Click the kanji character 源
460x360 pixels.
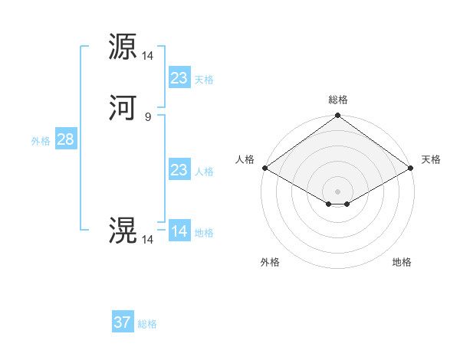coord(123,47)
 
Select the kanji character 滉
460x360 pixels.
coord(123,231)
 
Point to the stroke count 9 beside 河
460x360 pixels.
coord(147,116)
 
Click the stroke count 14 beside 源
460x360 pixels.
coord(147,55)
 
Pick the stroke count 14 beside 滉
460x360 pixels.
coord(147,239)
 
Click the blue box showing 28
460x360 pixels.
coord(65,139)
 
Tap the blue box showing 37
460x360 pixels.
coord(123,322)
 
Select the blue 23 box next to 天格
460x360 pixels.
coord(179,78)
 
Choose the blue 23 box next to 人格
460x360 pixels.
coord(179,170)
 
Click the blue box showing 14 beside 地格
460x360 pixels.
coord(179,231)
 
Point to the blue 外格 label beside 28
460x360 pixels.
coord(41,141)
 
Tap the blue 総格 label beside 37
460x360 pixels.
coord(147,324)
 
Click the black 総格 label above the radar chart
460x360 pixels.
coord(338,100)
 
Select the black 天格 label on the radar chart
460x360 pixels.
coord(431,159)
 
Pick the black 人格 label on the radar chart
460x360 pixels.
coord(245,159)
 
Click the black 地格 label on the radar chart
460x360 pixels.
coord(402,262)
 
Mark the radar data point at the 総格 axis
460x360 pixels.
coord(338,116)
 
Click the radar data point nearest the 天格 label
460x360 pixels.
coord(412,168)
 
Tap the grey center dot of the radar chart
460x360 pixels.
coord(338,191)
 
